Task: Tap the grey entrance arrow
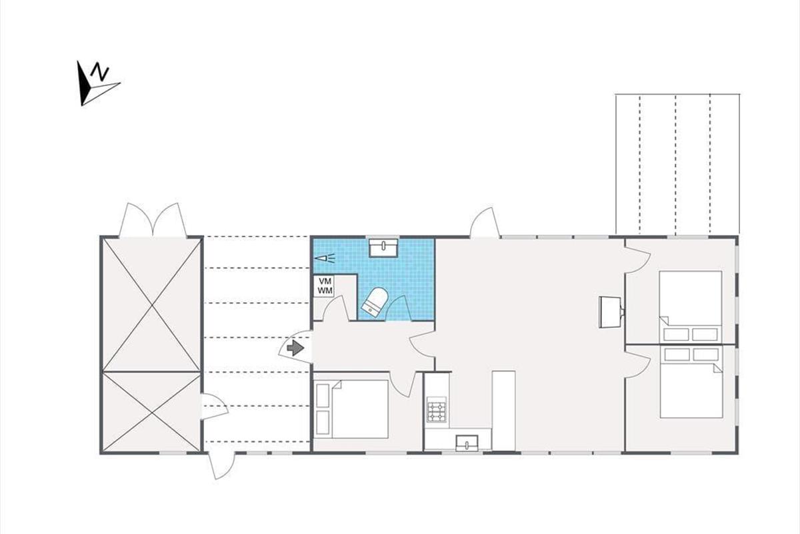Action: [x=295, y=348]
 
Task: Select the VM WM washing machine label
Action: [x=325, y=286]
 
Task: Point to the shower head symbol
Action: [x=325, y=258]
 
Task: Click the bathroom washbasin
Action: [x=383, y=248]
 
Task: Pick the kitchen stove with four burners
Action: [x=436, y=410]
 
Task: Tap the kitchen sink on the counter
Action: [x=467, y=443]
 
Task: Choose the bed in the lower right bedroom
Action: [x=691, y=382]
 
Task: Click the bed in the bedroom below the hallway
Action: [x=352, y=409]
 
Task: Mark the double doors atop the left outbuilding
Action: [x=153, y=220]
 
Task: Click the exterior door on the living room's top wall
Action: [x=485, y=222]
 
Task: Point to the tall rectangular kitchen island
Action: [x=503, y=411]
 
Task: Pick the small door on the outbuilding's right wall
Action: [x=214, y=407]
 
